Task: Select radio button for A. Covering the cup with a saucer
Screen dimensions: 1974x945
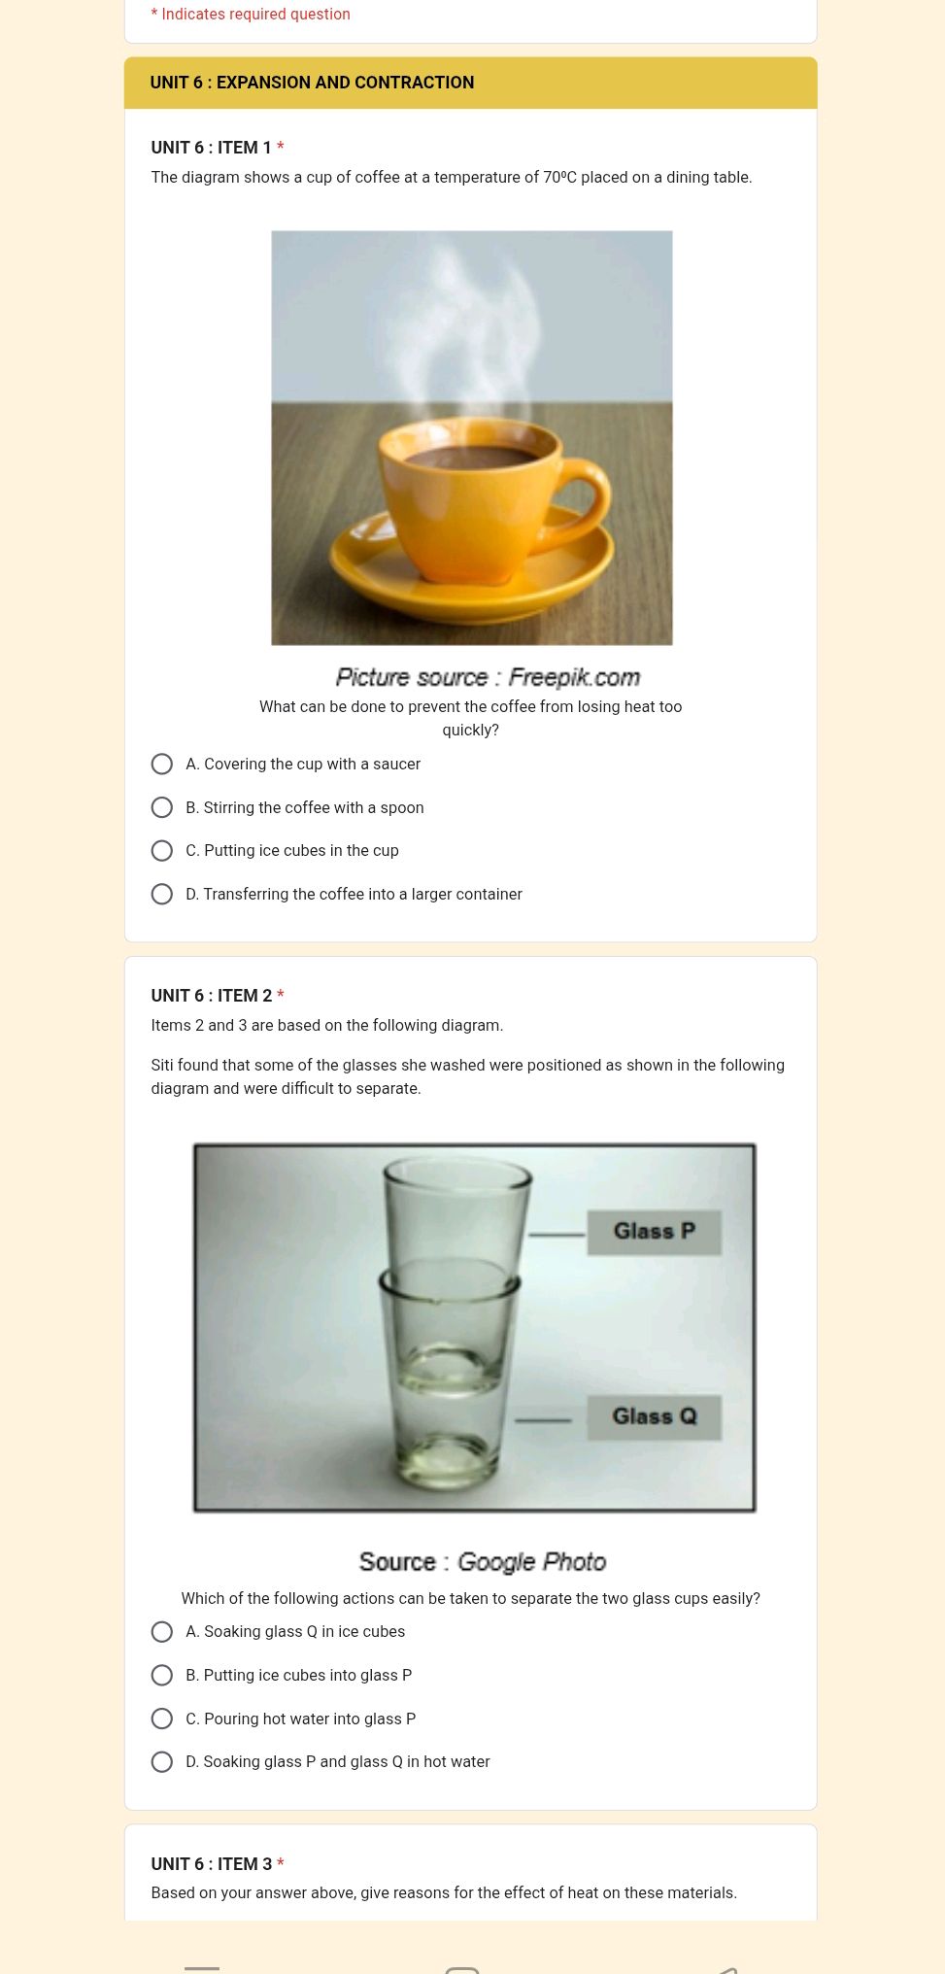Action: tap(162, 765)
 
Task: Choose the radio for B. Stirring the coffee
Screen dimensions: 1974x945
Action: tap(162, 808)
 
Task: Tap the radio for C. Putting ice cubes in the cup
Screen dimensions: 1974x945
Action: tap(162, 851)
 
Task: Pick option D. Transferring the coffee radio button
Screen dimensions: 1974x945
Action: tap(162, 895)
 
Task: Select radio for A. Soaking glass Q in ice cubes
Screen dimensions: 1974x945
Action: tap(162, 1632)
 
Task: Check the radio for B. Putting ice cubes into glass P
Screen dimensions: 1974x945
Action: tap(162, 1676)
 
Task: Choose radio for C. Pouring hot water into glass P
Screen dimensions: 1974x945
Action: tap(162, 1719)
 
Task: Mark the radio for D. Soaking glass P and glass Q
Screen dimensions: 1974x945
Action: tap(162, 1762)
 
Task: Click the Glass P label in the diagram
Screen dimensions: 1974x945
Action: tap(654, 1232)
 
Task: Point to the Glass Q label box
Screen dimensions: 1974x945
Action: tap(654, 1417)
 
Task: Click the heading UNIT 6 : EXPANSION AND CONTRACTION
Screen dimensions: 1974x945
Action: tap(312, 83)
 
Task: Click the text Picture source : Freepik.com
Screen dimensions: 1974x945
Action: tap(488, 677)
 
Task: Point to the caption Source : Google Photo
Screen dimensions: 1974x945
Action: tap(483, 1562)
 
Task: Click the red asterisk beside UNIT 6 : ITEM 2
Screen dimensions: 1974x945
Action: tap(281, 996)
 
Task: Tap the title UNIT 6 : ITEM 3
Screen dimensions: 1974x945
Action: tap(211, 1864)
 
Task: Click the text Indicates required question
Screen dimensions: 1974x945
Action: tap(255, 15)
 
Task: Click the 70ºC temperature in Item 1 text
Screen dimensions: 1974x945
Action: tap(559, 178)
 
